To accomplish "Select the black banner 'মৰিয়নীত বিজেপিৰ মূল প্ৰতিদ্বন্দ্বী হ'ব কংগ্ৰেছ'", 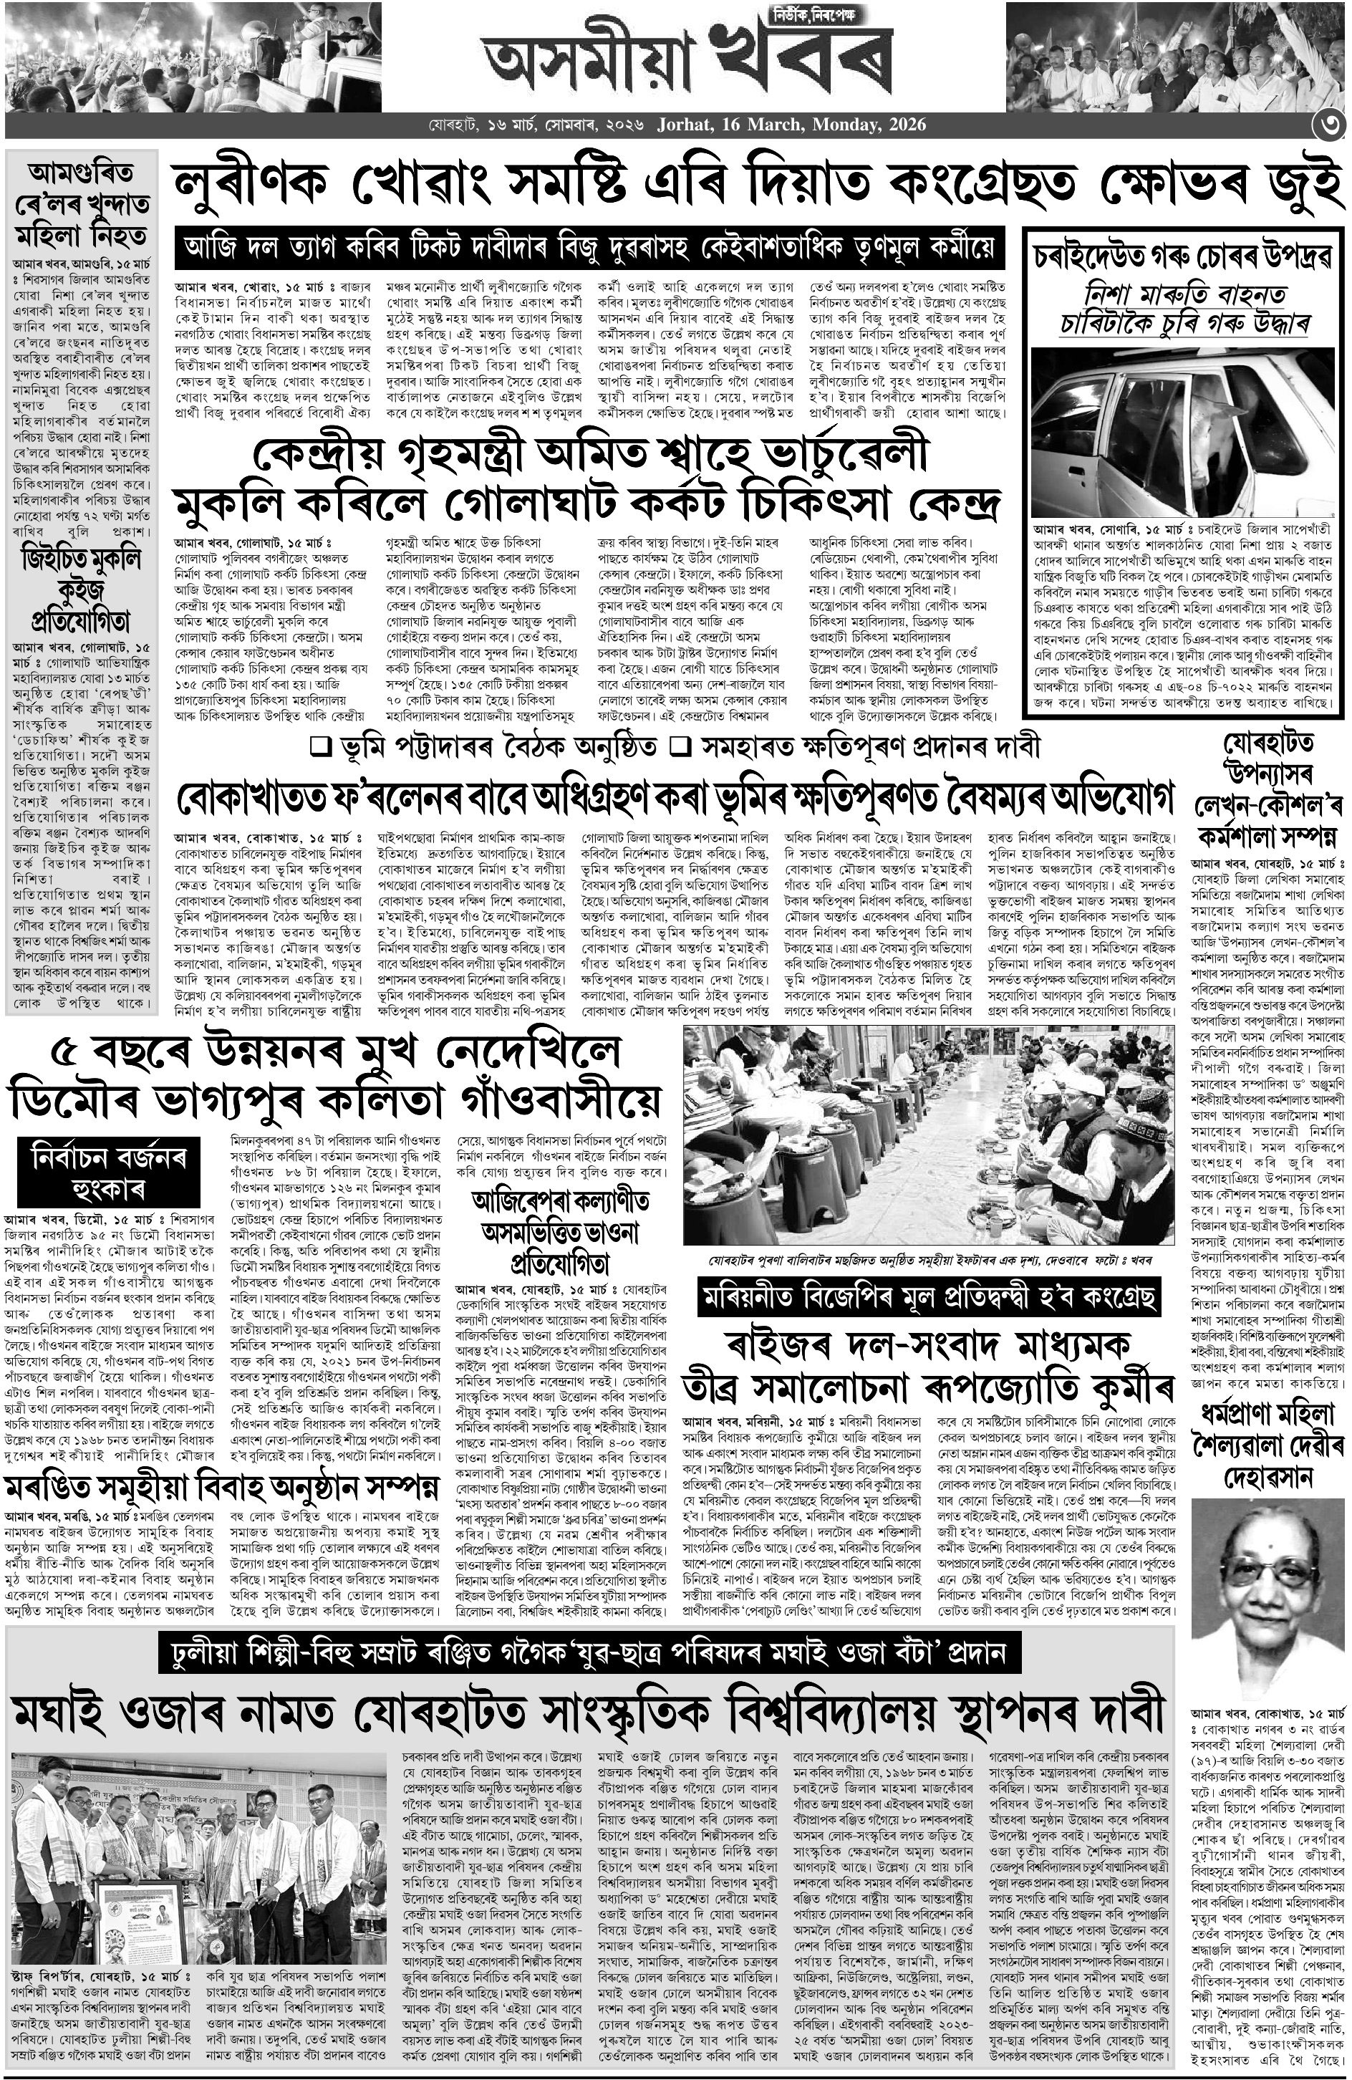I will [929, 1296].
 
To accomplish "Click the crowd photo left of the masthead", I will [191, 54].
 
